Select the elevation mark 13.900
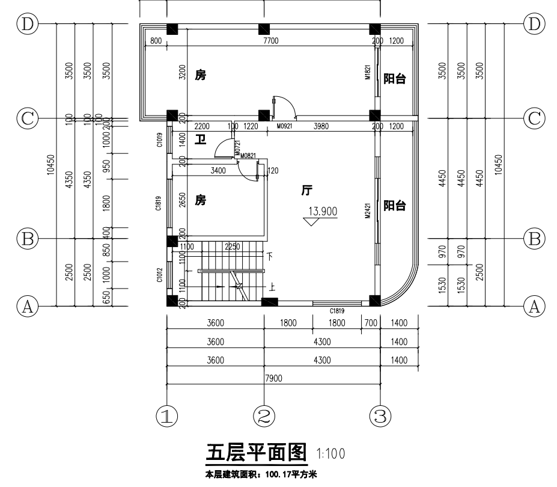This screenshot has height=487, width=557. click(x=323, y=211)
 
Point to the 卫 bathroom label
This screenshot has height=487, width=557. click(x=201, y=139)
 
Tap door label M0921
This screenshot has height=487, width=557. click(x=285, y=126)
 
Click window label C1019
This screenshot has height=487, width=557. click(x=159, y=139)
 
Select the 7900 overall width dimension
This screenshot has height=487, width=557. click(x=273, y=378)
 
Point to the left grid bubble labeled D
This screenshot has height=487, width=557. click(x=27, y=24)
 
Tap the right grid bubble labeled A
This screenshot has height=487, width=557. click(x=534, y=307)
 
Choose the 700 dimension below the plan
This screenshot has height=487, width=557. click(x=370, y=323)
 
